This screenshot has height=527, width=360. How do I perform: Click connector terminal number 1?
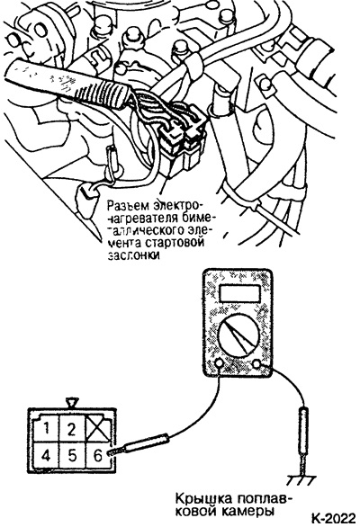pos(46,428)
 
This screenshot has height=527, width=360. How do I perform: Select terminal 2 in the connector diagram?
pos(71,428)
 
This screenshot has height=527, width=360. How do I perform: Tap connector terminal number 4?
pos(46,456)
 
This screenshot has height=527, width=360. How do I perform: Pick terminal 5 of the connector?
pos(72,456)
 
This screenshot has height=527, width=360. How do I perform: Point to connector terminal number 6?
pos(97,456)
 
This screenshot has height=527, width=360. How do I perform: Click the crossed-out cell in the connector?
pos(98,429)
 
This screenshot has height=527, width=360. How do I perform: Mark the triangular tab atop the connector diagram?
pos(72,402)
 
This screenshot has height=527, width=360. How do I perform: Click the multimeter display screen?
pos(239,293)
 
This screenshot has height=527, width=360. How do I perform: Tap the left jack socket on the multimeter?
pos(219,362)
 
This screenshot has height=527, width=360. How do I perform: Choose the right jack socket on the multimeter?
pos(256,363)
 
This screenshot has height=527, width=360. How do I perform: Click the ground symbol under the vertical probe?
pos(301,480)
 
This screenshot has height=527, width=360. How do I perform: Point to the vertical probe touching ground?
pos(303,441)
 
